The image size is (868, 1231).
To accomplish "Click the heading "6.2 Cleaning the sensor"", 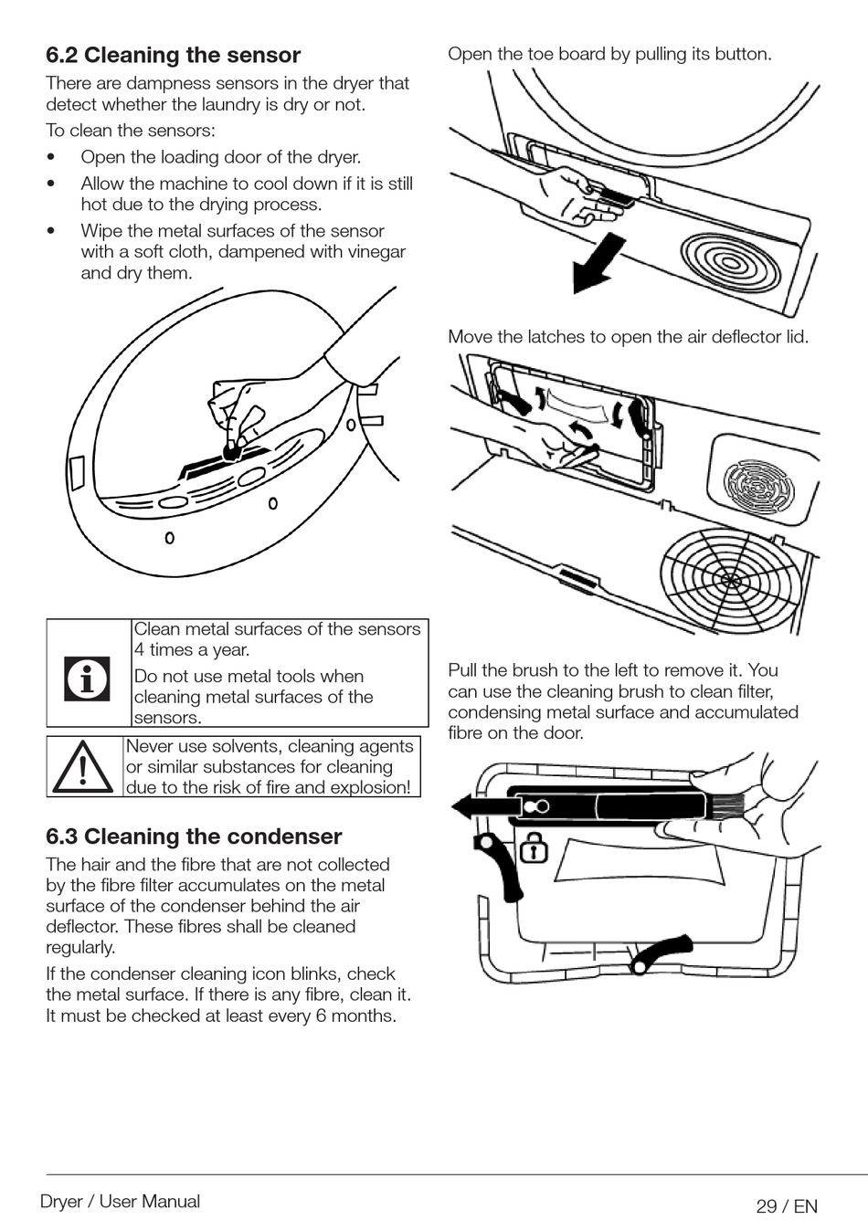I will pos(174,56).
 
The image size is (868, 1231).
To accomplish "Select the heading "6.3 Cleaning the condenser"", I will pos(194,836).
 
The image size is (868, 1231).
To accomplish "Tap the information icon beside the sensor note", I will pos(87,679).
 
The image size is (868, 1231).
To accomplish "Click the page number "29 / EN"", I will pos(787,1206).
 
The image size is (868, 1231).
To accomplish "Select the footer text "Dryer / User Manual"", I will pos(120,1202).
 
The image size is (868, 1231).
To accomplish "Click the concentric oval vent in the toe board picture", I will pos(730,262).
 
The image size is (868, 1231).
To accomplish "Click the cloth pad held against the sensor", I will pos(232,449).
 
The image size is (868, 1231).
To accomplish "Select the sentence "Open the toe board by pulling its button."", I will pos(609,54).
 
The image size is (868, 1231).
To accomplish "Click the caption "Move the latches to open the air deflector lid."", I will pos(628,337).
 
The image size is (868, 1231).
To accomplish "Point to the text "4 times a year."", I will pos(192,650).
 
